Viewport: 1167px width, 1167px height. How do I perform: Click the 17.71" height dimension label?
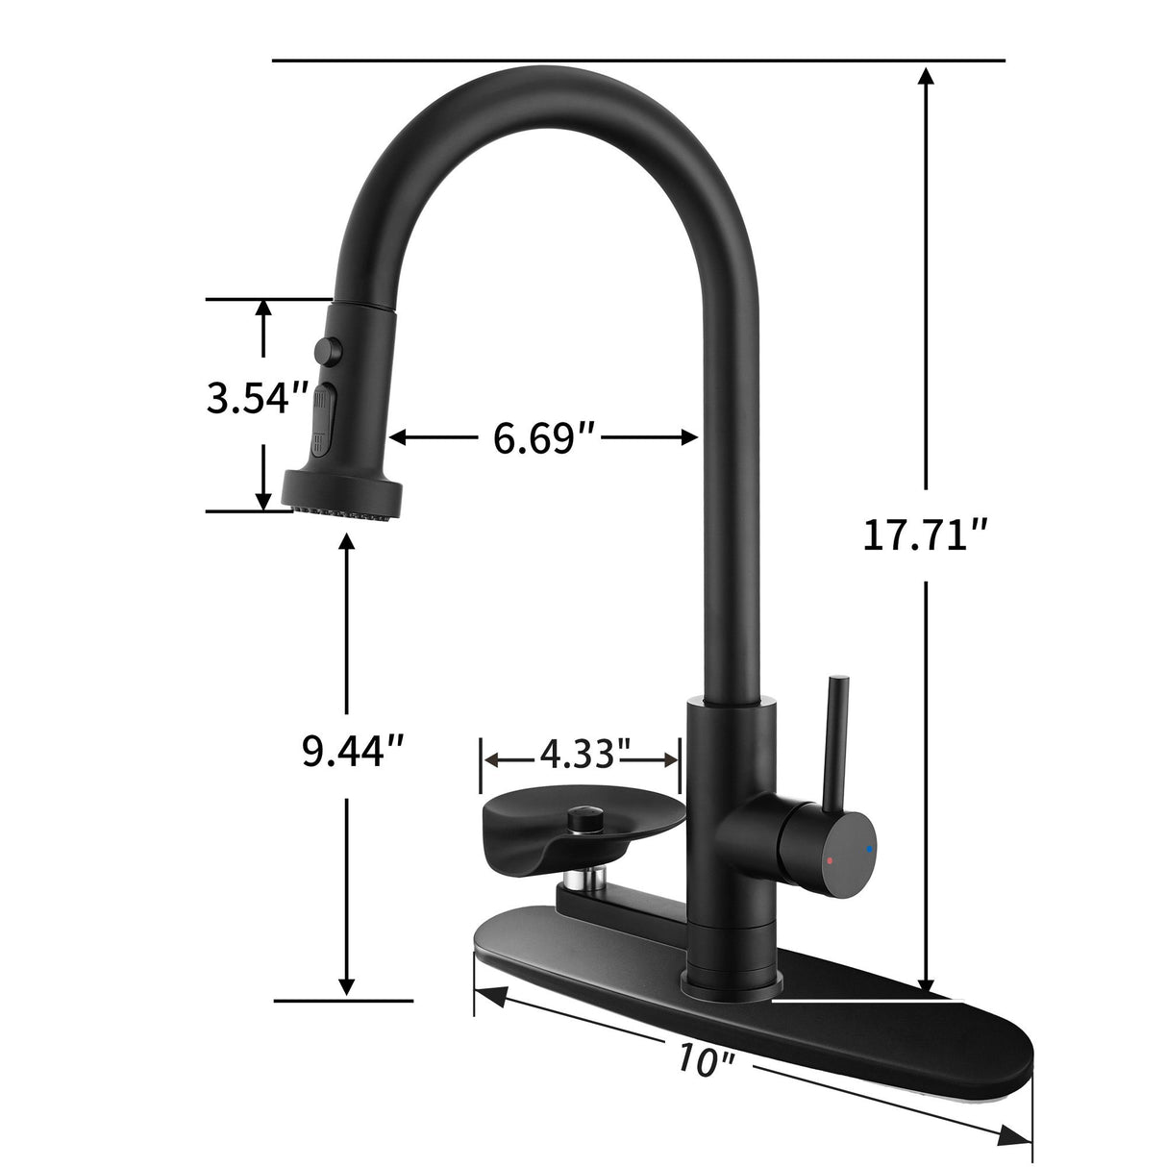point(925,534)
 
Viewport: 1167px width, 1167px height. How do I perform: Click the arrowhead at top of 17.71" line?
point(926,78)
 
